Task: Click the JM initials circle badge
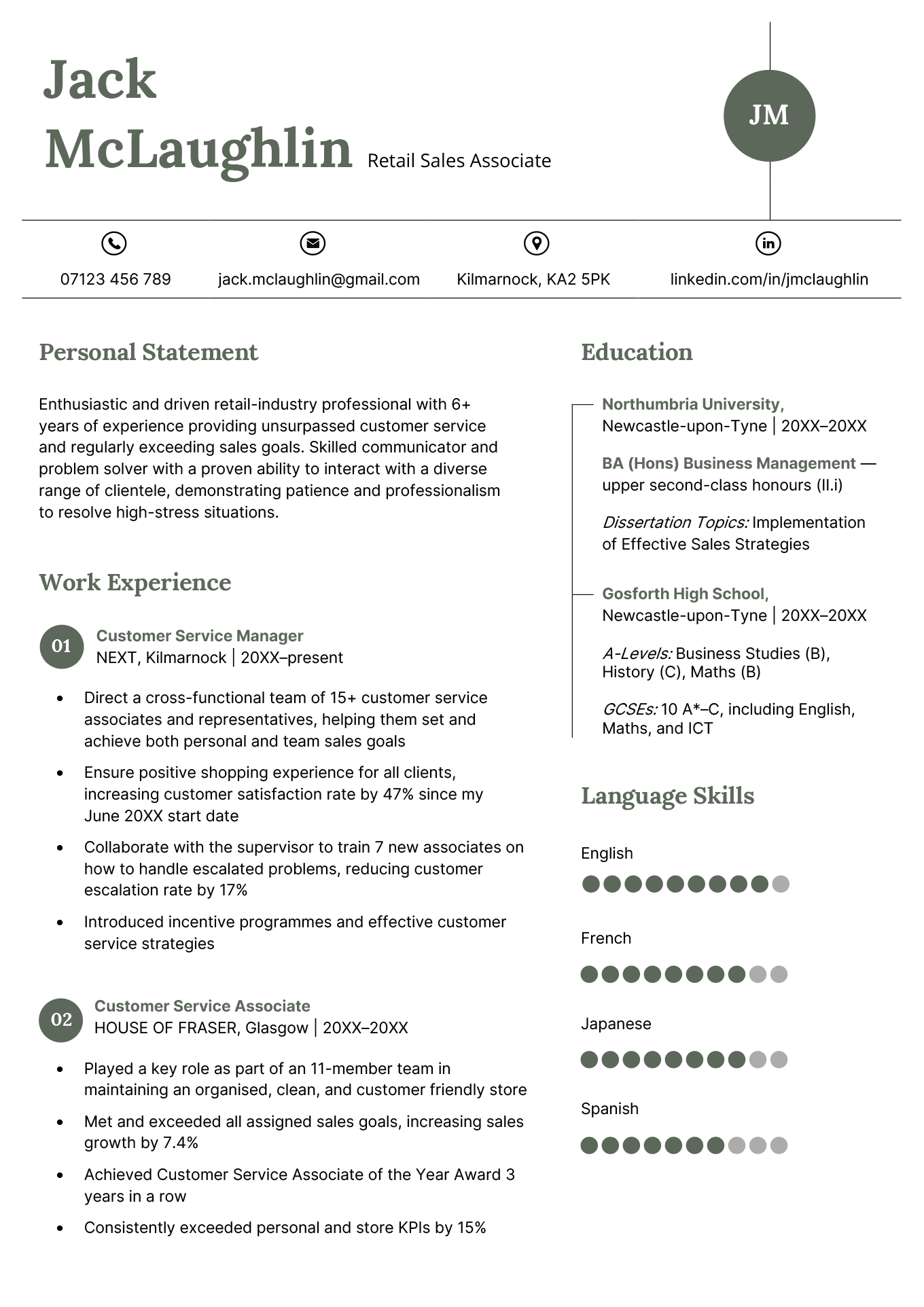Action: pyautogui.click(x=769, y=115)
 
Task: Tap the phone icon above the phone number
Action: pyautogui.click(x=114, y=243)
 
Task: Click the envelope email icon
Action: pyautogui.click(x=313, y=243)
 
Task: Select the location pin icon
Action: pyautogui.click(x=536, y=243)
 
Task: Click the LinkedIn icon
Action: pyautogui.click(x=768, y=243)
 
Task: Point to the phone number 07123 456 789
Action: pyautogui.click(x=115, y=279)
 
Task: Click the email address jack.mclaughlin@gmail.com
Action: pyautogui.click(x=319, y=279)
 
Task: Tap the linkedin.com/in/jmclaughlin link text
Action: pyautogui.click(x=769, y=279)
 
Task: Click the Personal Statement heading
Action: pyautogui.click(x=148, y=352)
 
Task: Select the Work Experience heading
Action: pyautogui.click(x=135, y=582)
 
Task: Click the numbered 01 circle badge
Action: pyautogui.click(x=62, y=646)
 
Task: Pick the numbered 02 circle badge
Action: pyautogui.click(x=62, y=1020)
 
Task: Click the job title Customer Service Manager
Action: pyautogui.click(x=200, y=636)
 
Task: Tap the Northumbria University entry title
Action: pyautogui.click(x=693, y=404)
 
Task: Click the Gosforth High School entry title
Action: pyautogui.click(x=685, y=594)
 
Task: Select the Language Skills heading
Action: pyautogui.click(x=667, y=795)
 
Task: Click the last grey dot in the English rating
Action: pyautogui.click(x=781, y=884)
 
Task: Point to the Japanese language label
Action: pyautogui.click(x=616, y=1024)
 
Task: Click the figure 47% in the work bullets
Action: pyautogui.click(x=398, y=794)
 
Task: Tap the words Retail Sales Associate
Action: pyautogui.click(x=459, y=161)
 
